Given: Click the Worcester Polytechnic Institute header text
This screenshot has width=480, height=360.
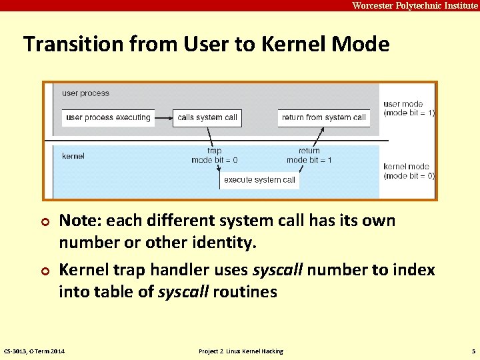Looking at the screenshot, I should click(x=415, y=5).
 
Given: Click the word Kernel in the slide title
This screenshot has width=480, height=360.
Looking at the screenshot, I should click(x=285, y=45).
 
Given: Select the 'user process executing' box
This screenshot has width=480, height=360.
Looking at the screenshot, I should click(x=108, y=118).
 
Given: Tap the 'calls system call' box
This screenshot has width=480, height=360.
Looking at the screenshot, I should click(x=207, y=118).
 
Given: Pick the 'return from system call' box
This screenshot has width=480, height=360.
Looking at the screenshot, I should click(x=323, y=118).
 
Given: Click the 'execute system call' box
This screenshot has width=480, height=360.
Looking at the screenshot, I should click(x=259, y=180).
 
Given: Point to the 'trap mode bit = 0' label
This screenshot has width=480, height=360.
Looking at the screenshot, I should click(x=214, y=155).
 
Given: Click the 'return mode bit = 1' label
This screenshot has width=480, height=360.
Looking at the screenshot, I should click(x=309, y=155).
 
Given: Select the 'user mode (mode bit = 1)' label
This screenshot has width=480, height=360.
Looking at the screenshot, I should click(x=408, y=109).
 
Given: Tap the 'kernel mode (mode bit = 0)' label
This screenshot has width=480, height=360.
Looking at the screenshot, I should click(x=408, y=171).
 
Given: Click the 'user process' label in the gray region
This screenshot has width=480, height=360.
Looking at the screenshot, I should click(x=85, y=93).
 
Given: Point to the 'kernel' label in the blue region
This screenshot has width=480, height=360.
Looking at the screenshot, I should click(x=73, y=156).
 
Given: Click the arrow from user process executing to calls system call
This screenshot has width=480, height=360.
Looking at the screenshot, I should click(x=163, y=118).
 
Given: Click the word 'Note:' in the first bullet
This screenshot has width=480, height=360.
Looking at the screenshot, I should click(x=80, y=221).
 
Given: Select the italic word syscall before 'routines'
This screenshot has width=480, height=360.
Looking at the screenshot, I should click(x=183, y=292).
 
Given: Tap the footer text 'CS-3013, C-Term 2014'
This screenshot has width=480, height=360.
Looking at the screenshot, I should click(x=34, y=351).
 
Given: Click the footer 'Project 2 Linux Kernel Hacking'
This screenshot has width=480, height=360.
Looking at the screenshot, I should click(x=241, y=351).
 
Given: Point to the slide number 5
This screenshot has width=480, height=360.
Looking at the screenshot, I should click(x=473, y=351).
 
